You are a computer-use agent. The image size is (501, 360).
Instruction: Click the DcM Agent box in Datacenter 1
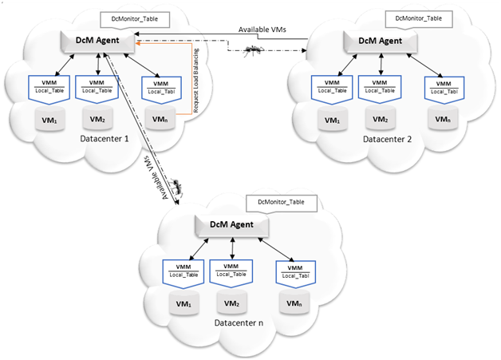tap(97, 39)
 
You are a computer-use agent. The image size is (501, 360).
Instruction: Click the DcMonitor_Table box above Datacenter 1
tap(132, 17)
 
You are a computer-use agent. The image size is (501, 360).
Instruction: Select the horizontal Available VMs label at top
tap(263, 30)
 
